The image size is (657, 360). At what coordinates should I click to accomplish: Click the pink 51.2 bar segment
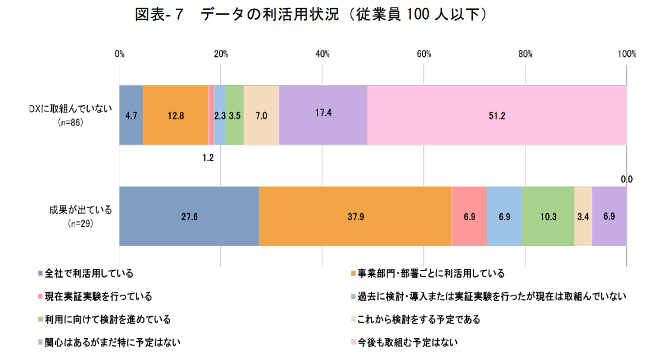tap(496, 115)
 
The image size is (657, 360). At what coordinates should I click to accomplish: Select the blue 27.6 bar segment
tap(189, 216)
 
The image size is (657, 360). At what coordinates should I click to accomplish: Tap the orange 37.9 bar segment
tap(355, 216)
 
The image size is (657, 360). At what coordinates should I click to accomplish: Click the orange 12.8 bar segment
tap(175, 115)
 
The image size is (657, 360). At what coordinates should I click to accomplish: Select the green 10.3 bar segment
tap(548, 216)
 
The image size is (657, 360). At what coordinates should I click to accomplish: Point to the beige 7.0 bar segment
tap(261, 115)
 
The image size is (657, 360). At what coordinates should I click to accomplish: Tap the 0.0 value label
tap(626, 179)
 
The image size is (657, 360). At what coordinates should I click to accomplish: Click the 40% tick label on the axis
tap(322, 54)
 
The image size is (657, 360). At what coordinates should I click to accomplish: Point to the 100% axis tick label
tap(626, 54)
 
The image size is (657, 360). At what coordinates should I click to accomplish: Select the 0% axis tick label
tap(120, 54)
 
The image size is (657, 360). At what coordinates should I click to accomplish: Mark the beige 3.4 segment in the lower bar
tap(583, 216)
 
